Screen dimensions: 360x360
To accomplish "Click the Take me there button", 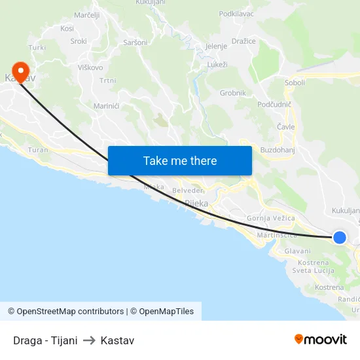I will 180,160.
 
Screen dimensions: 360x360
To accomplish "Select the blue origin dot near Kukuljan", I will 339,238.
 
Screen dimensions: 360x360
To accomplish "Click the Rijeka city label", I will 196,204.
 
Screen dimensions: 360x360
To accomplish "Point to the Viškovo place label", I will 90,67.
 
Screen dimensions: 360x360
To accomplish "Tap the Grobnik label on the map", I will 233,93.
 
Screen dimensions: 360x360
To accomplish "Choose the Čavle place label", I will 286,127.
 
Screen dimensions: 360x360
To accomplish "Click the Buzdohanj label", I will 279,150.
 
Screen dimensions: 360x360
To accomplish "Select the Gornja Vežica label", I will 271,218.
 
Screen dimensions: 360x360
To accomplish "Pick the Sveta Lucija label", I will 311,270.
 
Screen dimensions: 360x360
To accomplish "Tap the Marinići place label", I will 107,105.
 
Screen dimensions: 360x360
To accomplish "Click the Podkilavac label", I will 236,13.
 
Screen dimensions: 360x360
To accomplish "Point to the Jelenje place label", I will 216,46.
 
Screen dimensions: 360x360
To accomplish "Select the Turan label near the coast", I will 39,150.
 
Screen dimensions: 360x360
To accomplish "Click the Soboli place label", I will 295,83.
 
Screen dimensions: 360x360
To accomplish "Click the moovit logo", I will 321,340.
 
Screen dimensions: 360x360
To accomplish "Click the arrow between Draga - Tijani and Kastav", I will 89,340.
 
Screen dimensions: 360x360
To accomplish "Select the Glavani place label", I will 298,251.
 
